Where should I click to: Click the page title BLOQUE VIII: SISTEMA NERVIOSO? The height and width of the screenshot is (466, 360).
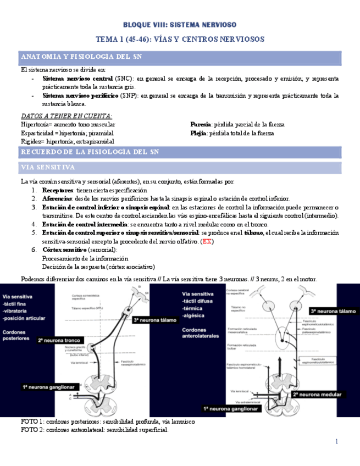click(x=180, y=25)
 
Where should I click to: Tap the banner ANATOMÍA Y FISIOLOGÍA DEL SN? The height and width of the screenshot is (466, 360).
click(x=82, y=57)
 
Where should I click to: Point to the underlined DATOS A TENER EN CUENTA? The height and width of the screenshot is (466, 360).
click(x=66, y=116)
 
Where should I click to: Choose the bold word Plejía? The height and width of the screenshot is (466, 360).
click(x=198, y=133)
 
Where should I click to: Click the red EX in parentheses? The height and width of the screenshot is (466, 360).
click(x=207, y=241)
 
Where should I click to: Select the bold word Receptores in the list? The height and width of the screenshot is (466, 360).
click(x=60, y=190)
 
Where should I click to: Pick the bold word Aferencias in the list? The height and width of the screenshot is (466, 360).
click(x=57, y=198)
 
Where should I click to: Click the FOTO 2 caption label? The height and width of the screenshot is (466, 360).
click(x=32, y=430)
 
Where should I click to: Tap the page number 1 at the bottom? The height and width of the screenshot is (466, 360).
click(x=336, y=441)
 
